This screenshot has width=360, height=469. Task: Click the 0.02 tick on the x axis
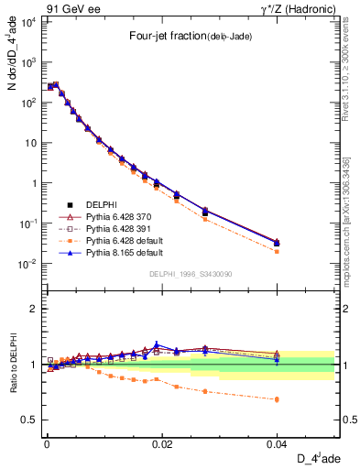tap(162, 443)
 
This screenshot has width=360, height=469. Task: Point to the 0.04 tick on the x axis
tap(278, 443)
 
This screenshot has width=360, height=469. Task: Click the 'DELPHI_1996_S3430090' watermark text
tap(190, 274)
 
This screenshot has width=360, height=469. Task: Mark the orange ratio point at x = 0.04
tap(278, 399)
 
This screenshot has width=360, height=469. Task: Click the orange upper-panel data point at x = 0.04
tap(278, 251)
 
